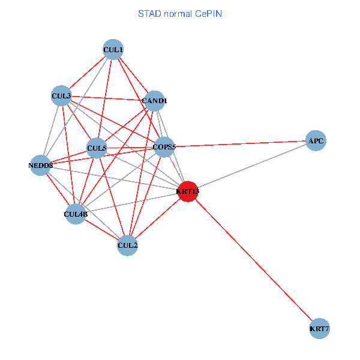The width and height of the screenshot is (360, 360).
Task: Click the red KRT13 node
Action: pos(187,192)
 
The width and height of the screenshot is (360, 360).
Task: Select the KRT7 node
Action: pos(320,329)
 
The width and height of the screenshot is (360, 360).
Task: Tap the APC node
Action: pos(316,141)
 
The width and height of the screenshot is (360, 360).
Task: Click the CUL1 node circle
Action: pos(113,49)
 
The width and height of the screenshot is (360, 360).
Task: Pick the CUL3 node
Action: pos(61,95)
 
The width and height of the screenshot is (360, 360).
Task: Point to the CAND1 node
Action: pos(154,101)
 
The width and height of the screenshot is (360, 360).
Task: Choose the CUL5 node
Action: pos(97,148)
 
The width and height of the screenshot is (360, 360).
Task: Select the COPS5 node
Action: pos(164,147)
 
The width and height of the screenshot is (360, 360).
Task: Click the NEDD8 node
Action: pos(41,165)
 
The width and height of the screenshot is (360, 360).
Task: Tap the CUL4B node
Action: pos(76,214)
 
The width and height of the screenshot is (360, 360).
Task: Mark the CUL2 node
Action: pos(127,245)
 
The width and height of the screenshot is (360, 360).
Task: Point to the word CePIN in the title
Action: pos(208,13)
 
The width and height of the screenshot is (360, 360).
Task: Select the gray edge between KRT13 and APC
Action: pos(252,166)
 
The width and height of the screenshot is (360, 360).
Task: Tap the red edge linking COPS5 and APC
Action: pos(240,144)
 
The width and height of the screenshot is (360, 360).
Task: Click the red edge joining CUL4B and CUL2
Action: pos(101,229)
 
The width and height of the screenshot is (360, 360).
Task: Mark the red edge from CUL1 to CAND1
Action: pos(134,75)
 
